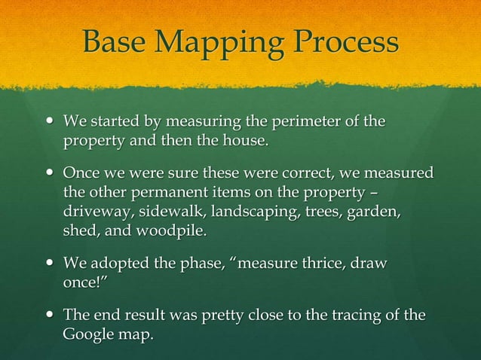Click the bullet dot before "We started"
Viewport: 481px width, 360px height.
(50, 121)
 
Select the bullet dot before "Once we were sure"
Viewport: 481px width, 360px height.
(50, 174)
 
